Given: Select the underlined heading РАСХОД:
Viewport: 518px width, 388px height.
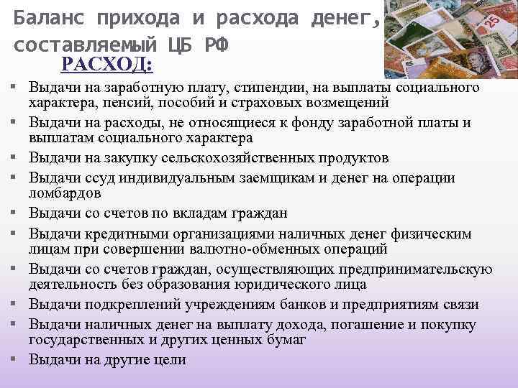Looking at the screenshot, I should (x=106, y=65).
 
